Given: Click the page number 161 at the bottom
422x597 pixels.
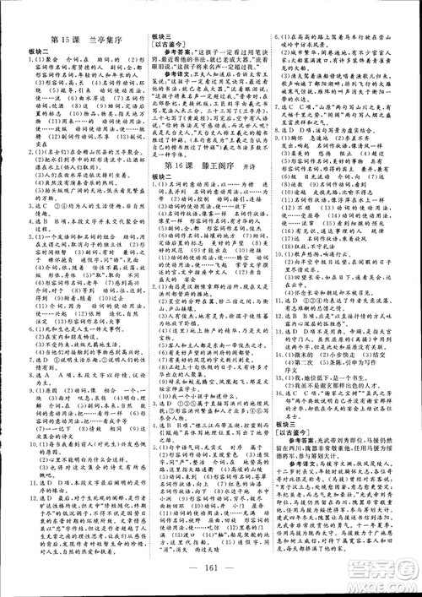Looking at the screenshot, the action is [210, 580].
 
